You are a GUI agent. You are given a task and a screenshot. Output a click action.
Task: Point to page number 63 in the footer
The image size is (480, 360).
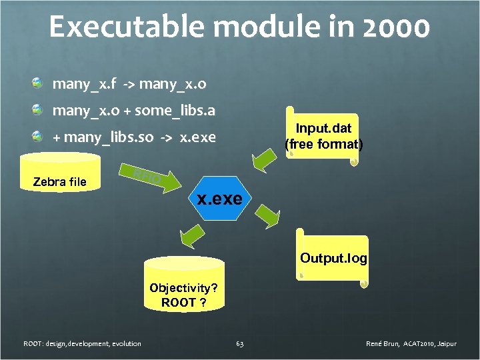(240, 344)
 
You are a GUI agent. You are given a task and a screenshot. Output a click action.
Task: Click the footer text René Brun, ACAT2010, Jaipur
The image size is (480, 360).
(411, 344)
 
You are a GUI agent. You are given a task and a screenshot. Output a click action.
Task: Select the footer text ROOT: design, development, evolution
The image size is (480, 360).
(82, 344)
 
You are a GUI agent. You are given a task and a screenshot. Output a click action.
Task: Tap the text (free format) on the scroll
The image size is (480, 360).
(324, 143)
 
